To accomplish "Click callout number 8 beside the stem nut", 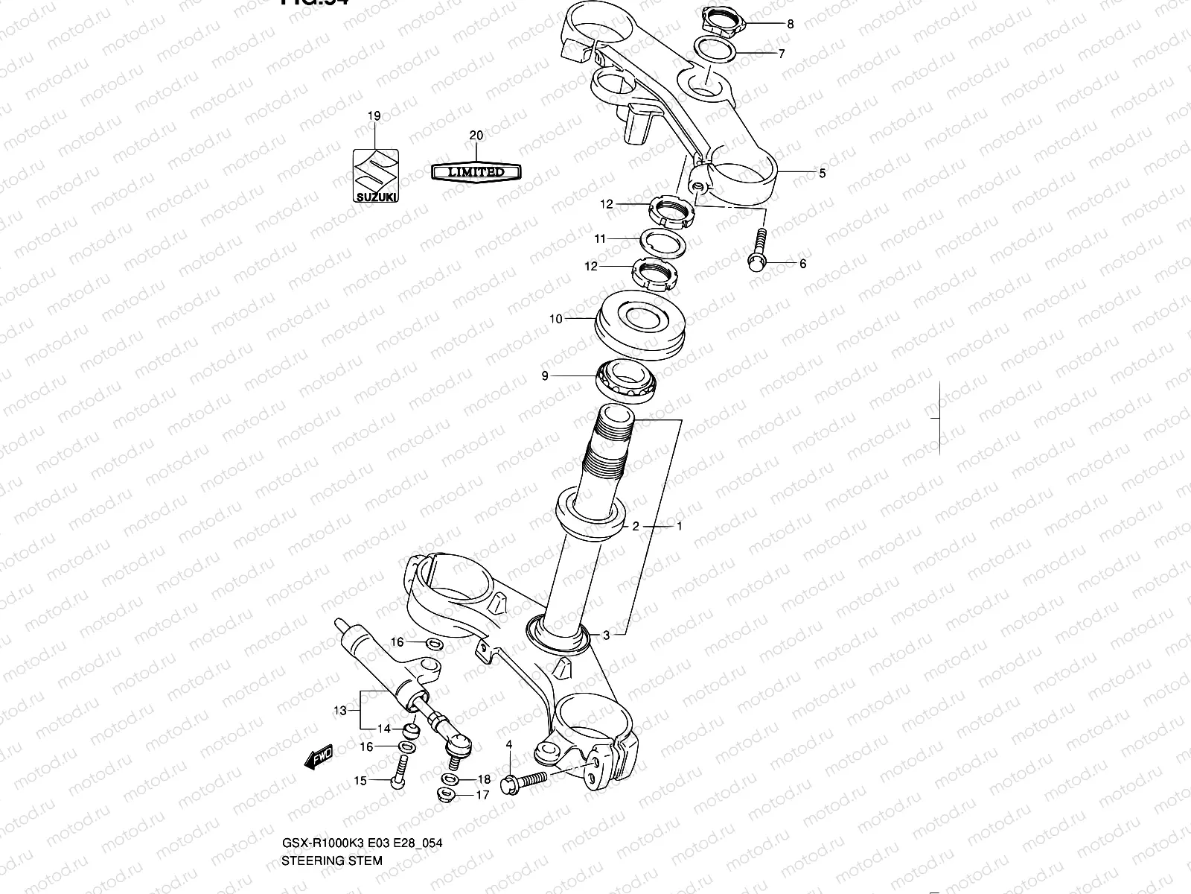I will click(x=790, y=24).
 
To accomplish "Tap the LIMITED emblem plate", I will click(x=476, y=172).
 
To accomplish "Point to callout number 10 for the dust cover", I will click(x=555, y=319).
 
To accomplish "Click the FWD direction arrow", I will click(x=319, y=758).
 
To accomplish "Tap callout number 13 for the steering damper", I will click(x=339, y=711).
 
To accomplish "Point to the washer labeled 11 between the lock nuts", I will click(x=662, y=243).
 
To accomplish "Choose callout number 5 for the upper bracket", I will click(x=822, y=174).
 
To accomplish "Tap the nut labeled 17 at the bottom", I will click(x=448, y=795).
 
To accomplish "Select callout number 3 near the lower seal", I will click(x=606, y=635).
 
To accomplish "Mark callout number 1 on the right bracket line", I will click(x=679, y=525).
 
